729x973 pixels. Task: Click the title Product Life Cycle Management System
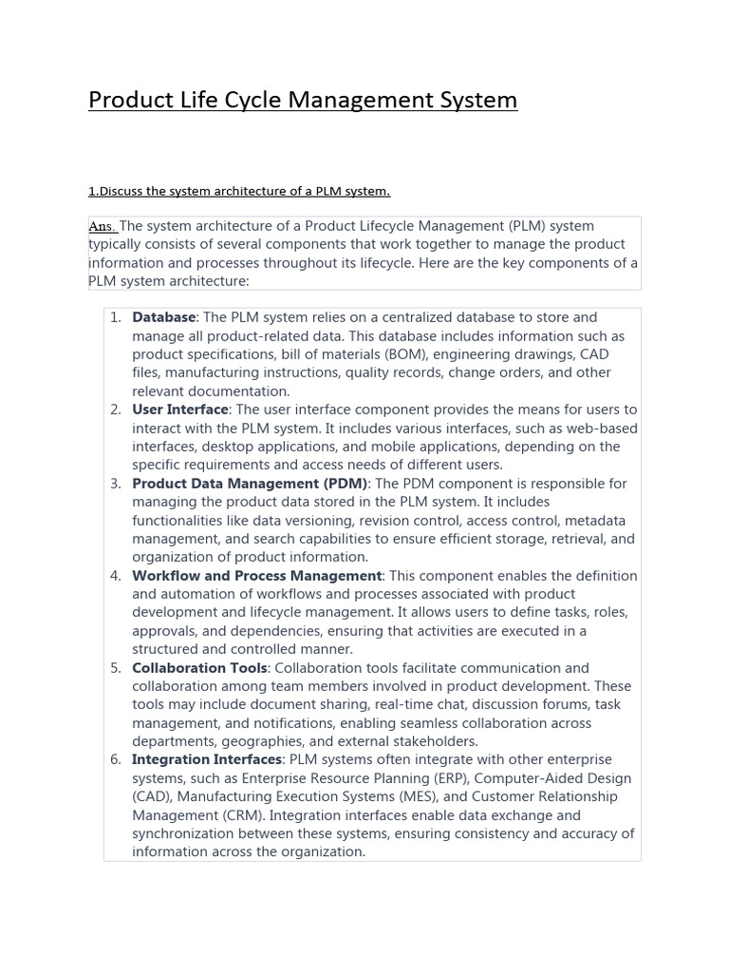(303, 100)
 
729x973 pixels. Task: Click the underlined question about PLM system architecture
(238, 191)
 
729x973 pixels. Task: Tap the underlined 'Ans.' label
(103, 226)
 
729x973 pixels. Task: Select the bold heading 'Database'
(163, 317)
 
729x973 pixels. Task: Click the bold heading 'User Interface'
(180, 410)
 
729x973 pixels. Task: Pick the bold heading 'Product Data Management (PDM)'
(250, 484)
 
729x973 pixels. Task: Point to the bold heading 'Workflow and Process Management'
(256, 576)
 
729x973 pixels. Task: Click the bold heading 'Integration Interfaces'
(207, 760)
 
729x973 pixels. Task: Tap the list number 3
(115, 484)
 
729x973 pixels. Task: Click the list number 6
(115, 760)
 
